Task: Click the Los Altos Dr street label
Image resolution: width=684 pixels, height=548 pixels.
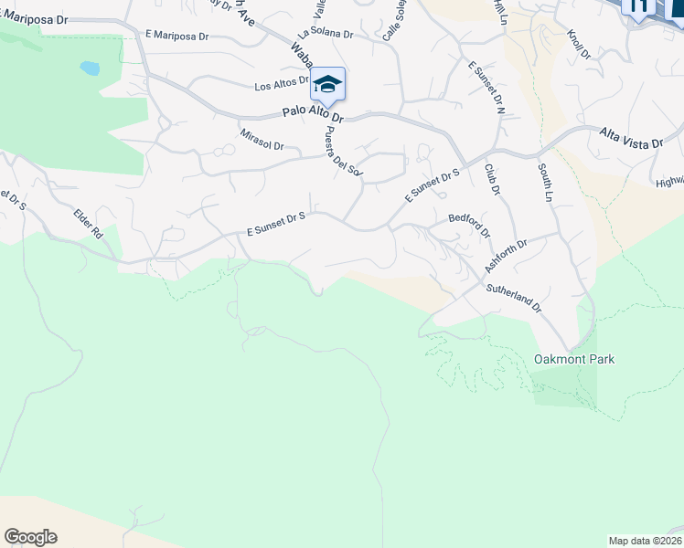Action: click(x=282, y=86)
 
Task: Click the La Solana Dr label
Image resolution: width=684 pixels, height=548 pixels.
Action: click(x=323, y=33)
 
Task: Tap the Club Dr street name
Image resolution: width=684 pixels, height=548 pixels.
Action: click(x=493, y=179)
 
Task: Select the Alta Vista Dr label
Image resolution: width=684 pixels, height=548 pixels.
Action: click(x=641, y=137)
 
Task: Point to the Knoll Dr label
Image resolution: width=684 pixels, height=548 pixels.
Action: click(x=579, y=45)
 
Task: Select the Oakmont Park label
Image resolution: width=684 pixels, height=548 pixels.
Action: click(x=574, y=359)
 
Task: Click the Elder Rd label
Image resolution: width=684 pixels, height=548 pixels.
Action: click(x=89, y=224)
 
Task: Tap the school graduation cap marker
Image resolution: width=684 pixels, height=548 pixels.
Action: click(x=326, y=85)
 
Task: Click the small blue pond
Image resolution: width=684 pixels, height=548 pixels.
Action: click(x=90, y=68)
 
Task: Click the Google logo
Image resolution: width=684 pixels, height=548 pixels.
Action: click(x=30, y=537)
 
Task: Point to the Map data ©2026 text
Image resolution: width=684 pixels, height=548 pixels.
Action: click(x=645, y=541)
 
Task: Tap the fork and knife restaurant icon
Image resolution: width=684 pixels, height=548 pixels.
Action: click(x=638, y=6)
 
